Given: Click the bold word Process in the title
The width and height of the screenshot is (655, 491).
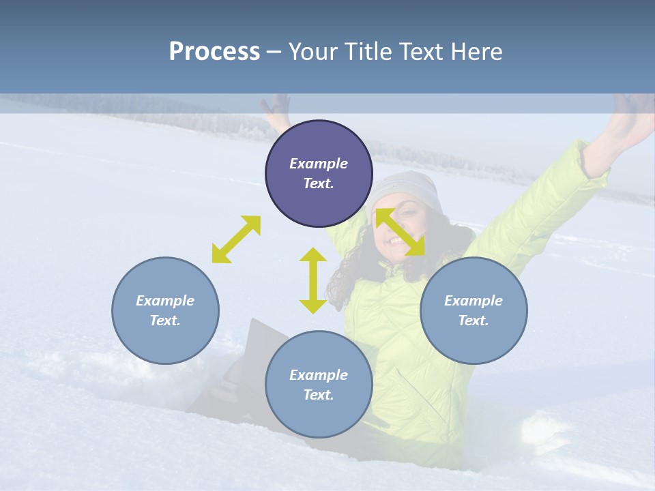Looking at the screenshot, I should click(x=214, y=51).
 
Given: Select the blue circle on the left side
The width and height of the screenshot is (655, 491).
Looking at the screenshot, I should click(x=165, y=310).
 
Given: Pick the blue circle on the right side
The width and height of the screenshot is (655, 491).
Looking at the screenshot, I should click(x=474, y=310).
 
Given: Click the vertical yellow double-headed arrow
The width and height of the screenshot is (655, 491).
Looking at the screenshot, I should click(x=313, y=280).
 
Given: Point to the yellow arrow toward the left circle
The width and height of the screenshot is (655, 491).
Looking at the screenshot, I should click(x=236, y=239).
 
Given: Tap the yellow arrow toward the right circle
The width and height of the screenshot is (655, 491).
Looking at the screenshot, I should click(x=401, y=232).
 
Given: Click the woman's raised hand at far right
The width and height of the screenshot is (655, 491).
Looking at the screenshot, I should click(x=631, y=116).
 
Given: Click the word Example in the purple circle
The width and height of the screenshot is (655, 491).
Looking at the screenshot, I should click(x=319, y=164).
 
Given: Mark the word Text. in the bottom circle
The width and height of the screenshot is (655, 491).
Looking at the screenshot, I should click(x=319, y=395).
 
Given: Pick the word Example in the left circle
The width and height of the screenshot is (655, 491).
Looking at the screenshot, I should click(x=165, y=301).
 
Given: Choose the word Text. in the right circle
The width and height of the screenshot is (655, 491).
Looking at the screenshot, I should click(x=474, y=321).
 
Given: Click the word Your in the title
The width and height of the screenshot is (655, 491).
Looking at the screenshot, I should click(x=312, y=51).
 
